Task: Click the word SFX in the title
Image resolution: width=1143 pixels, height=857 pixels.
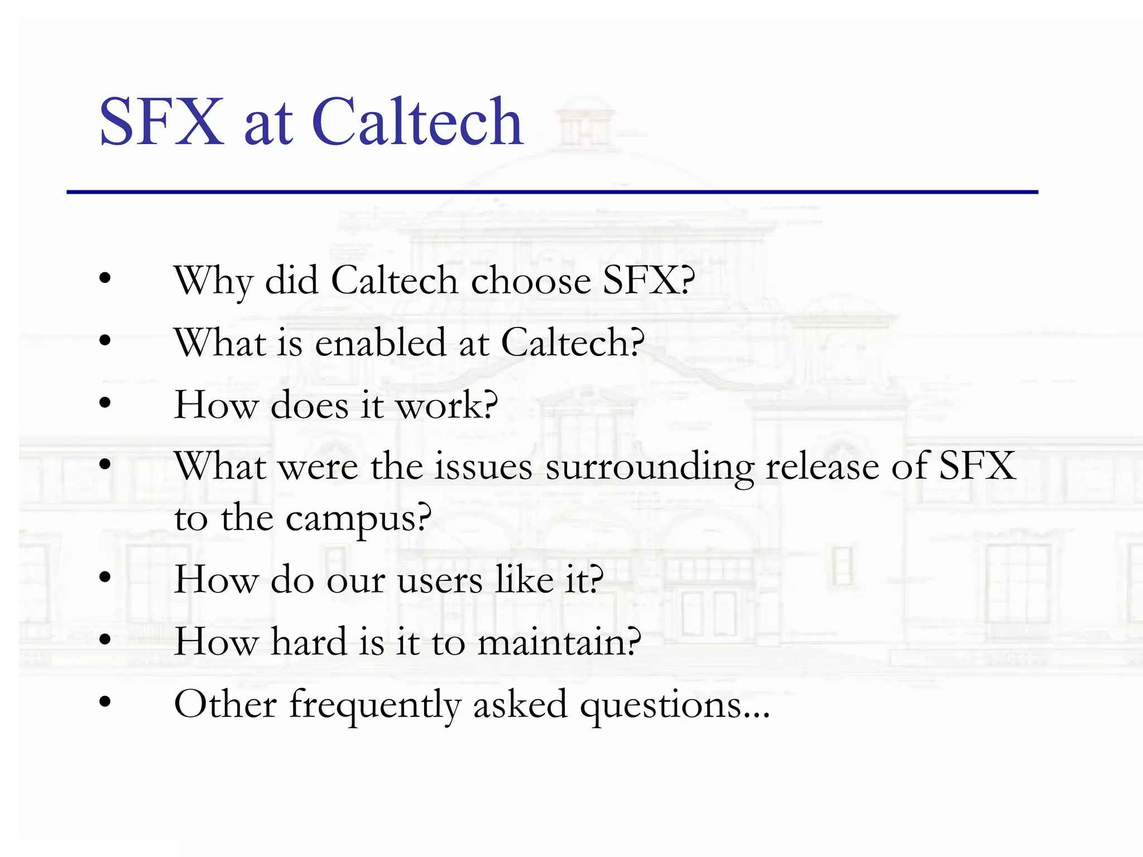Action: tap(161, 122)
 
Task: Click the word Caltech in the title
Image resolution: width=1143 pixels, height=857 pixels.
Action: tap(417, 122)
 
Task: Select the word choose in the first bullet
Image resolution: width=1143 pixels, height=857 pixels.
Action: tap(531, 281)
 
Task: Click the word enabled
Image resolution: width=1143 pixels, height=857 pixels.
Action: tap(380, 343)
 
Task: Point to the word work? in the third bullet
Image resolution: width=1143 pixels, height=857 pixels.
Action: tap(446, 405)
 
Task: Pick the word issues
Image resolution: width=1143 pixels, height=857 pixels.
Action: tap(483, 466)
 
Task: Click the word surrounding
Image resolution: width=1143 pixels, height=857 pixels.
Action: tap(649, 468)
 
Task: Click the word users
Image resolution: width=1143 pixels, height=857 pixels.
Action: tap(440, 580)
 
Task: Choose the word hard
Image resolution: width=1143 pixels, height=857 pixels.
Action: tap(308, 642)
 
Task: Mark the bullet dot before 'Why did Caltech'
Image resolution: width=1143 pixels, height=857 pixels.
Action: tap(105, 278)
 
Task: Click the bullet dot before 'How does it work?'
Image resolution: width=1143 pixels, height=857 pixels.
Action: tap(105, 402)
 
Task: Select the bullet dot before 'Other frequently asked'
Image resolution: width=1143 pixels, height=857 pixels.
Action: tap(105, 702)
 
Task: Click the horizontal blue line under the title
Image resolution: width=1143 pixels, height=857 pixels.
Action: tap(552, 192)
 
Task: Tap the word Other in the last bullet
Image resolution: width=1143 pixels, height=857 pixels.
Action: tap(225, 704)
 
